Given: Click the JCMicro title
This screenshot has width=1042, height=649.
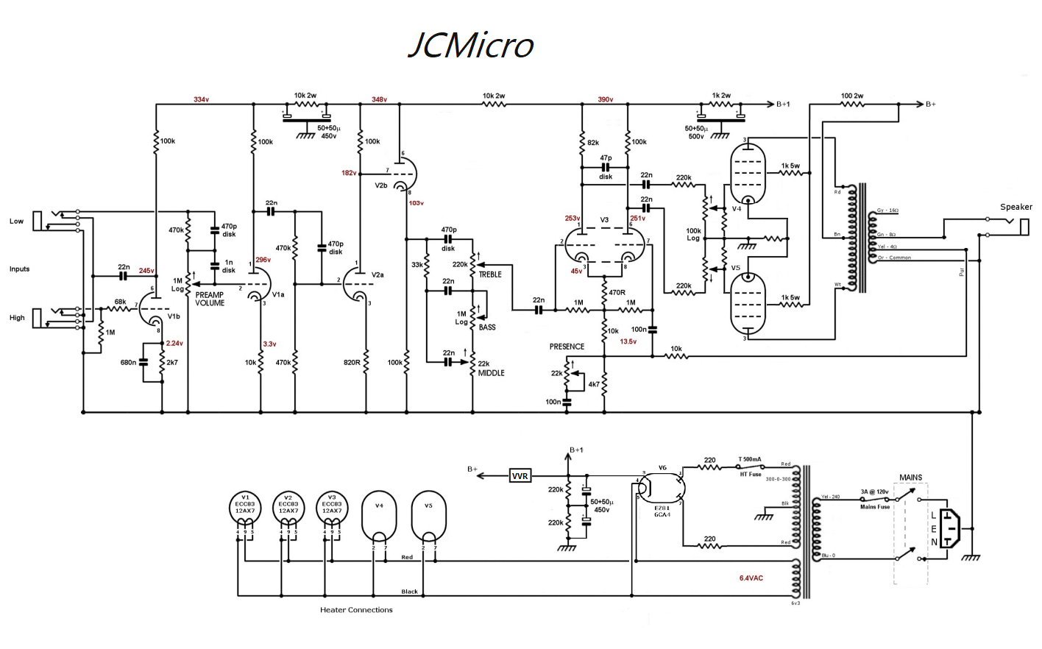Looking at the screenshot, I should click(x=471, y=45).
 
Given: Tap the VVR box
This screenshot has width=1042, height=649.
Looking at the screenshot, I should click(x=520, y=476).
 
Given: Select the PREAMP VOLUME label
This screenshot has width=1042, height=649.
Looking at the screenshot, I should click(x=210, y=299).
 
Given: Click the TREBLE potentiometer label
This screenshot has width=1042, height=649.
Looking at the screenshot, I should click(x=490, y=274).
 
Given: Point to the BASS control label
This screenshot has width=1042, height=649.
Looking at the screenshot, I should click(x=487, y=327).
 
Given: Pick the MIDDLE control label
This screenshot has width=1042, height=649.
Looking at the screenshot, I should click(x=491, y=373).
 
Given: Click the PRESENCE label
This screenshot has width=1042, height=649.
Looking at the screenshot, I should click(x=567, y=347).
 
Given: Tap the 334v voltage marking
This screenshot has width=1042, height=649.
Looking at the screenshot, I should click(x=201, y=99).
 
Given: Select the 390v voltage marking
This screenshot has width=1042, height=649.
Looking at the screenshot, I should click(x=605, y=99).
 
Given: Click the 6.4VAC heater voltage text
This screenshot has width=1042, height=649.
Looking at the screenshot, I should click(x=751, y=578).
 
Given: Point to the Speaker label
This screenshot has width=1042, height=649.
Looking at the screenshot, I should click(x=1016, y=207).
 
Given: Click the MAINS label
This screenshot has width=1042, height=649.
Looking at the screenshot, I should click(x=910, y=478).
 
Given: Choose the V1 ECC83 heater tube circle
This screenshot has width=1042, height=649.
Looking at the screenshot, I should click(x=245, y=508).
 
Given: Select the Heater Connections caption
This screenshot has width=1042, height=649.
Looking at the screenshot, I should click(x=356, y=610).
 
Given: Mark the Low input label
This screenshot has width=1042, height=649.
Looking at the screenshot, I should click(x=16, y=221).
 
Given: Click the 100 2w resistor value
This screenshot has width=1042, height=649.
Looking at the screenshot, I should click(x=852, y=96).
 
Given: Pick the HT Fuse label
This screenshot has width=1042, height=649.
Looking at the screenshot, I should click(x=751, y=475).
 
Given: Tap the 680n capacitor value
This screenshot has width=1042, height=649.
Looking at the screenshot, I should click(x=128, y=363).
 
